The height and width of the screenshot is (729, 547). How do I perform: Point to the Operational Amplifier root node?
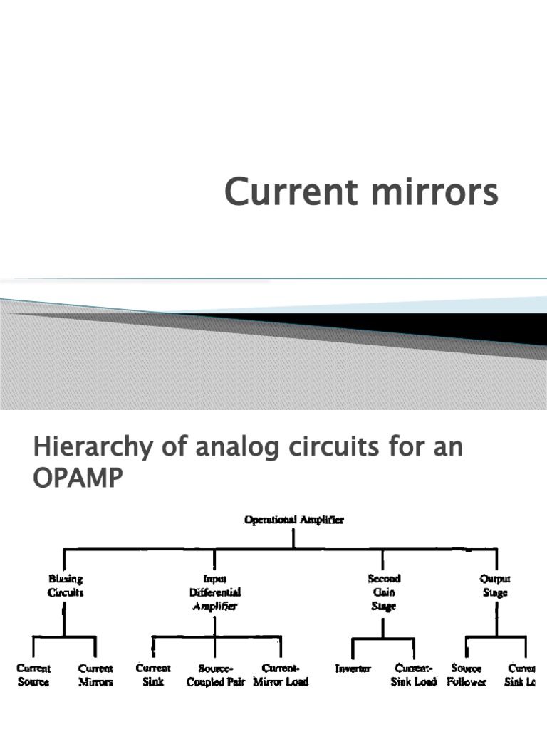pyautogui.click(x=293, y=520)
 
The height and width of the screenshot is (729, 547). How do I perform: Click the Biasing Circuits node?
pyautogui.click(x=65, y=586)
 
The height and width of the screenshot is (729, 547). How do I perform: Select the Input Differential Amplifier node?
pyautogui.click(x=214, y=592)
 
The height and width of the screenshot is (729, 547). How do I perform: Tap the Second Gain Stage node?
pyautogui.click(x=384, y=592)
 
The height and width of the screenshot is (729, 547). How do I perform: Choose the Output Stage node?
pyautogui.click(x=494, y=586)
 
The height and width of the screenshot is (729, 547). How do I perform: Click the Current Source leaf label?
pyautogui.click(x=33, y=675)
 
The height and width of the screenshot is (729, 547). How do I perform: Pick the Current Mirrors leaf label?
pyautogui.click(x=95, y=675)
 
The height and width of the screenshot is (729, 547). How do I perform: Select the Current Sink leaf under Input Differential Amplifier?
pyautogui.click(x=152, y=675)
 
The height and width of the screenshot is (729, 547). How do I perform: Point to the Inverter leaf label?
pyautogui.click(x=353, y=669)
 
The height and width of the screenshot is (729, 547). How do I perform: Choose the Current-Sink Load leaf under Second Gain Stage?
pyautogui.click(x=413, y=675)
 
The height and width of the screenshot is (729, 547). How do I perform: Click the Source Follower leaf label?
pyautogui.click(x=467, y=675)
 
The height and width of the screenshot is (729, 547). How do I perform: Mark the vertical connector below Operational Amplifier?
pyautogui.click(x=293, y=538)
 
